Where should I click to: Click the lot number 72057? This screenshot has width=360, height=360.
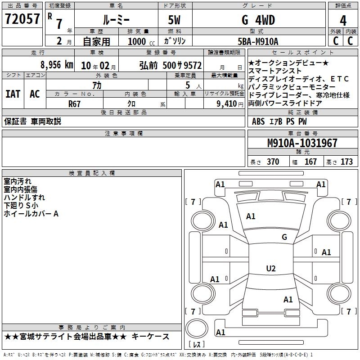[22, 19]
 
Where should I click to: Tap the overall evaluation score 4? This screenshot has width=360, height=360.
[343, 20]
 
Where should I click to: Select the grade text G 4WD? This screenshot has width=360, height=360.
[258, 20]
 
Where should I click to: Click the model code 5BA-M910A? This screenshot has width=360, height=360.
[258, 41]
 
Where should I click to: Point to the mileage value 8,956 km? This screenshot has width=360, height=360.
[57, 65]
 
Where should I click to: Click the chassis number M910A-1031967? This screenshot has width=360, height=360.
[302, 143]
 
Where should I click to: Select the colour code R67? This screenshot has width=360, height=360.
[74, 104]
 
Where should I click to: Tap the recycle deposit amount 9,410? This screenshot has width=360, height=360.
[227, 104]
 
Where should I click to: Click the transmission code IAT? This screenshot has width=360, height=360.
[13, 94]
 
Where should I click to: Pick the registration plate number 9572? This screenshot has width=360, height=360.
[193, 65]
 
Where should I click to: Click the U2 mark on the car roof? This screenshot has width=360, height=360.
[271, 268]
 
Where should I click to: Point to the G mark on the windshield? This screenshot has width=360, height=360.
[284, 237]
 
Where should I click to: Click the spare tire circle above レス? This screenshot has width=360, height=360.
[197, 328]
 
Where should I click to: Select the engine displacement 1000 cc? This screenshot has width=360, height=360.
[141, 42]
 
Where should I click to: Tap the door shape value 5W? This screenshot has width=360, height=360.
[174, 20]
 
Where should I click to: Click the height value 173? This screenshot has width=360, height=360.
[346, 162]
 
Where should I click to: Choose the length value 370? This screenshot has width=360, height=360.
[273, 162]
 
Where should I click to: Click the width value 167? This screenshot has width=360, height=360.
[310, 162]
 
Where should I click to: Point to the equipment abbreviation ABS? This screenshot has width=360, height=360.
[258, 121]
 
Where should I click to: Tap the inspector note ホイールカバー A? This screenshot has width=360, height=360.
[31, 214]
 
